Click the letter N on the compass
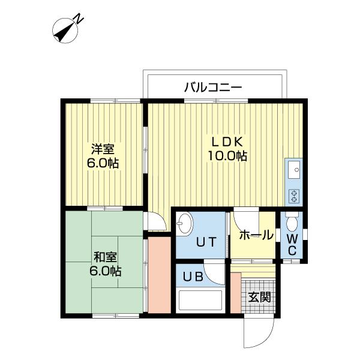click(79, 18)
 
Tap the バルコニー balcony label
click(213, 88)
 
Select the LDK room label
click(227, 142)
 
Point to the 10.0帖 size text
click(227, 156)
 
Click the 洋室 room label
click(103, 149)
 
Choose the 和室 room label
click(106, 257)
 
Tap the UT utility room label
click(206, 242)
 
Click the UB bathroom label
click(193, 277)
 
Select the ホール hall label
click(256, 235)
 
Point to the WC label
click(292, 245)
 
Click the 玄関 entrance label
click(260, 298)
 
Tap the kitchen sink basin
click(294, 170)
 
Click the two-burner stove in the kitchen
click(294, 196)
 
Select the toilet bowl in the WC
click(292, 222)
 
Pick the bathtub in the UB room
click(200, 301)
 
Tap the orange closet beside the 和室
click(160, 275)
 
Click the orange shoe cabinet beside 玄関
click(236, 293)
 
